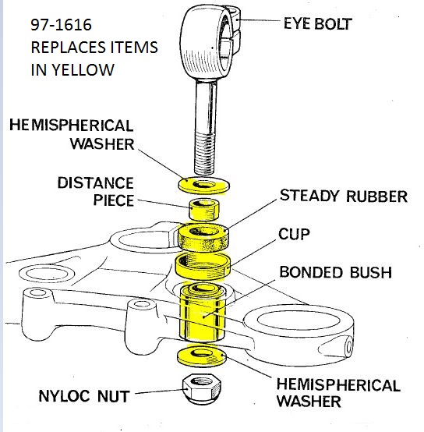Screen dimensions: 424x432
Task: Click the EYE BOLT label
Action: [x=318, y=23]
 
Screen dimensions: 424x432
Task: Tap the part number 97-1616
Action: [x=61, y=24]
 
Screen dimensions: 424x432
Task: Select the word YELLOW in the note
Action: [x=83, y=70]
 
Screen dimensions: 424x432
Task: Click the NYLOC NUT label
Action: [x=83, y=396]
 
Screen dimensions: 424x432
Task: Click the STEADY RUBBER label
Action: [x=343, y=197]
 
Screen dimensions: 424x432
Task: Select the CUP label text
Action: [x=294, y=234]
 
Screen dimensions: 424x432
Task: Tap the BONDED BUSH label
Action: [x=335, y=272]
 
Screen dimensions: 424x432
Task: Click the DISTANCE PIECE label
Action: [x=96, y=192]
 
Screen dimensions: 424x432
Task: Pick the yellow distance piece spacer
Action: [x=204, y=210]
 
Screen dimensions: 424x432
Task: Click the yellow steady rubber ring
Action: [x=203, y=238]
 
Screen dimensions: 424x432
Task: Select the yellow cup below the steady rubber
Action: [x=203, y=266]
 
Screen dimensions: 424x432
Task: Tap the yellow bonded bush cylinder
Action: [x=203, y=313]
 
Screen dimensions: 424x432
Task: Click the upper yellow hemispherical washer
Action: [x=203, y=186]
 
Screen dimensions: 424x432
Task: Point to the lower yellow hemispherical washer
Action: [x=202, y=357]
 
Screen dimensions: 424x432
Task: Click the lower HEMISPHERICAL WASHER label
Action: [x=338, y=392]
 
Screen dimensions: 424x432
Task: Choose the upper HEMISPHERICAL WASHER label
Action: [x=72, y=134]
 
